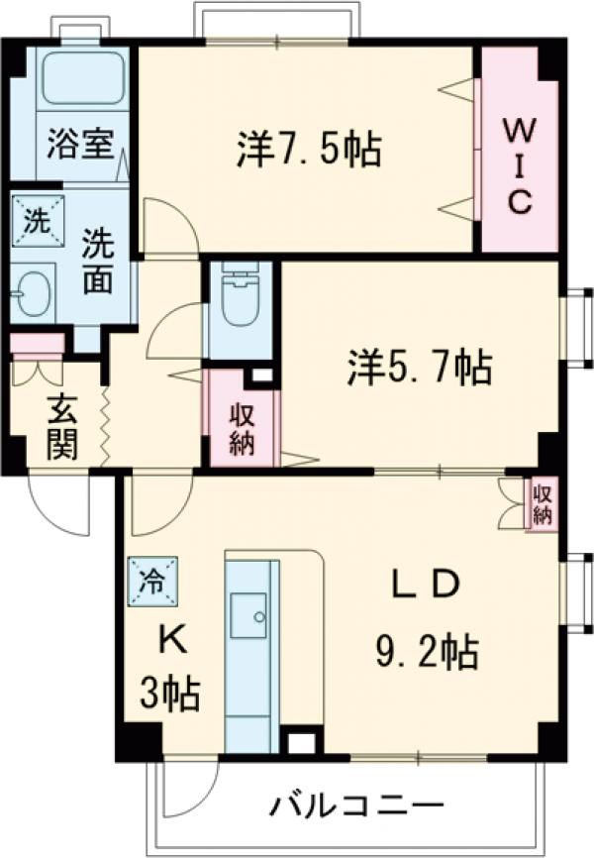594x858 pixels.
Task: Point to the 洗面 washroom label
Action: [x=96, y=261]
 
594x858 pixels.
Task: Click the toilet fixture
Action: [x=239, y=297]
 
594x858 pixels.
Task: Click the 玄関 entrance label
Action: [x=61, y=427]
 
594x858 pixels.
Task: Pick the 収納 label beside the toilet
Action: [x=242, y=428]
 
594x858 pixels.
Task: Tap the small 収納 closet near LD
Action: [x=542, y=503]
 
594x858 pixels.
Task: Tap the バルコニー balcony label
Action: [x=352, y=803]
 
